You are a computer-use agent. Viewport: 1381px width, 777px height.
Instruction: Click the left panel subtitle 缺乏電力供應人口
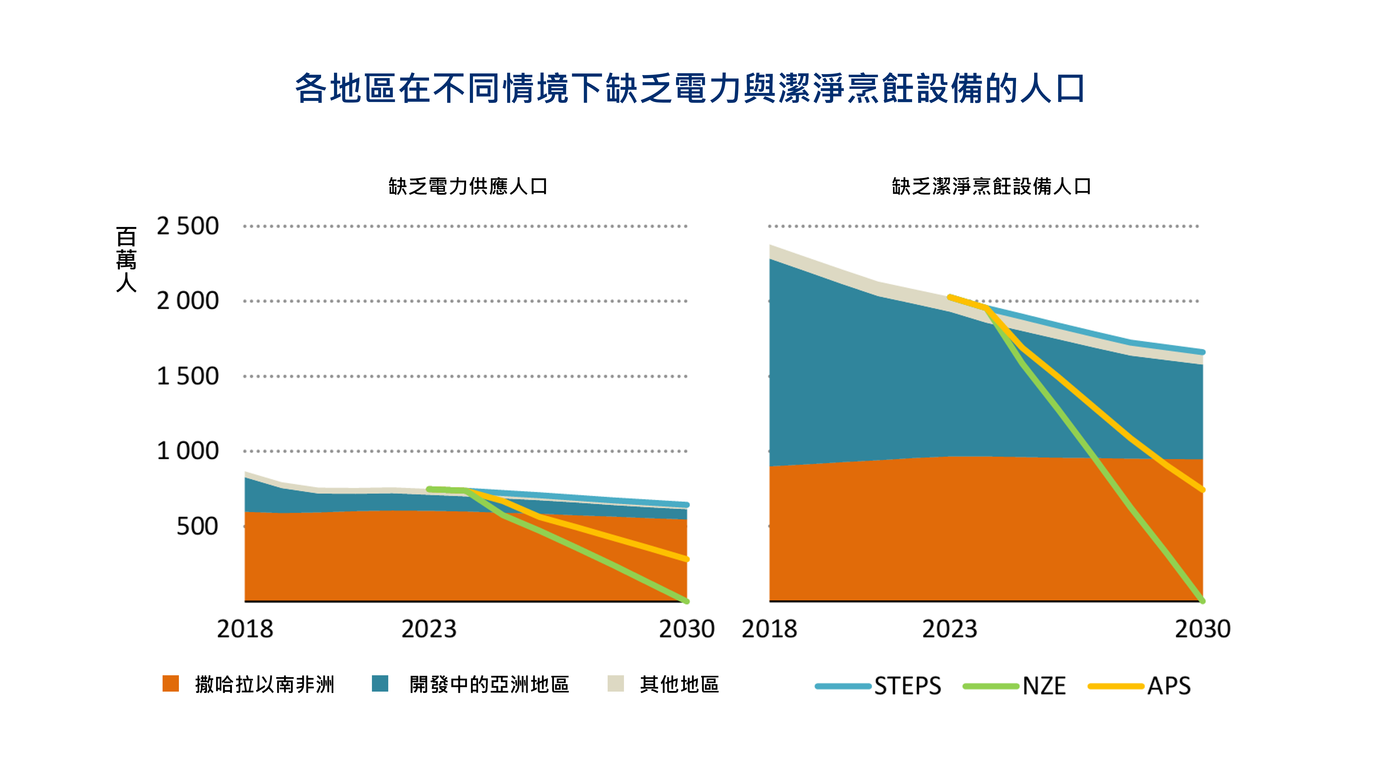(x=467, y=186)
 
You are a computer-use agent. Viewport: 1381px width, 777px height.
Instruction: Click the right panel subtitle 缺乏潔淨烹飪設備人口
(x=991, y=186)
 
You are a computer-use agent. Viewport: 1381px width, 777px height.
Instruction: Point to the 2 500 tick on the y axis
(x=188, y=226)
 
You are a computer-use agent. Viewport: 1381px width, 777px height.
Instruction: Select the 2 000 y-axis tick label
(x=188, y=301)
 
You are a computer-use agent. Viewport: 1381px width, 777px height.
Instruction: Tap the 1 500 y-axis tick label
(x=188, y=376)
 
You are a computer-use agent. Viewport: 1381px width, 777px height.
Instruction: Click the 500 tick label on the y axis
(x=197, y=526)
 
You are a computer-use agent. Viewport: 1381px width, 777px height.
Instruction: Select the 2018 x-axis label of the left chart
(x=245, y=629)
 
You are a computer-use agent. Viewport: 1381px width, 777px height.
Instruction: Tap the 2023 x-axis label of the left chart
(x=429, y=629)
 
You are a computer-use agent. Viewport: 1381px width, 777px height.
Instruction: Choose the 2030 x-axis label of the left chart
(x=687, y=629)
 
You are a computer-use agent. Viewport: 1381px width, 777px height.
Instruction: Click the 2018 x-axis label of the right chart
(x=769, y=629)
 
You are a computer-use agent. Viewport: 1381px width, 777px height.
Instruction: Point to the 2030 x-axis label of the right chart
(x=1202, y=629)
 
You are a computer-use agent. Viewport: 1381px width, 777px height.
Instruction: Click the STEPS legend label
(x=908, y=686)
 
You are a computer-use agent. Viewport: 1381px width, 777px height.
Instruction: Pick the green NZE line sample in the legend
(x=991, y=686)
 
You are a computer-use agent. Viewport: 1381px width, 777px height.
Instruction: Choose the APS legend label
(x=1169, y=686)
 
